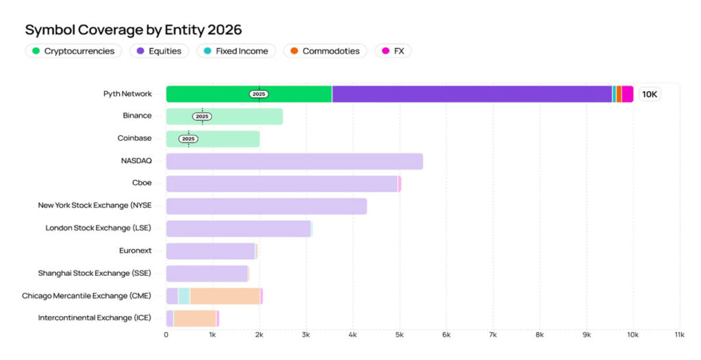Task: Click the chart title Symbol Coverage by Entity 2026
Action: pyautogui.click(x=133, y=30)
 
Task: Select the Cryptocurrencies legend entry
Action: pyautogui.click(x=73, y=51)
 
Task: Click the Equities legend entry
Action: pyautogui.click(x=159, y=51)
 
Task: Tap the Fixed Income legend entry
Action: pyautogui.click(x=235, y=51)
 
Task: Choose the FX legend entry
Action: pyautogui.click(x=393, y=51)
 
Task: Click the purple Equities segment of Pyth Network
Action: pyautogui.click(x=472, y=94)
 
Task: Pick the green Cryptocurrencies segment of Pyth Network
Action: pyautogui.click(x=212, y=94)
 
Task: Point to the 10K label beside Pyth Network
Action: pyautogui.click(x=650, y=94)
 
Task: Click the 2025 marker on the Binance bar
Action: pyautogui.click(x=202, y=116)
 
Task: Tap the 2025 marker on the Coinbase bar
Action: pyautogui.click(x=188, y=139)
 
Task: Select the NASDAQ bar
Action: pyautogui.click(x=294, y=162)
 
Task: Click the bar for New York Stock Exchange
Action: pyautogui.click(x=266, y=206)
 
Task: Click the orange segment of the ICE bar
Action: pyautogui.click(x=194, y=318)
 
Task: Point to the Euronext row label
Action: pyautogui.click(x=136, y=250)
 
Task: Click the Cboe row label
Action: pyautogui.click(x=142, y=183)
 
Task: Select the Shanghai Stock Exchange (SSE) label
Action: pyautogui.click(x=95, y=273)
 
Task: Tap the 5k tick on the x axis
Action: pyautogui.click(x=399, y=335)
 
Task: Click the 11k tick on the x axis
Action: pyautogui.click(x=680, y=335)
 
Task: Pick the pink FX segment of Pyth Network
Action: pyautogui.click(x=627, y=94)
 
